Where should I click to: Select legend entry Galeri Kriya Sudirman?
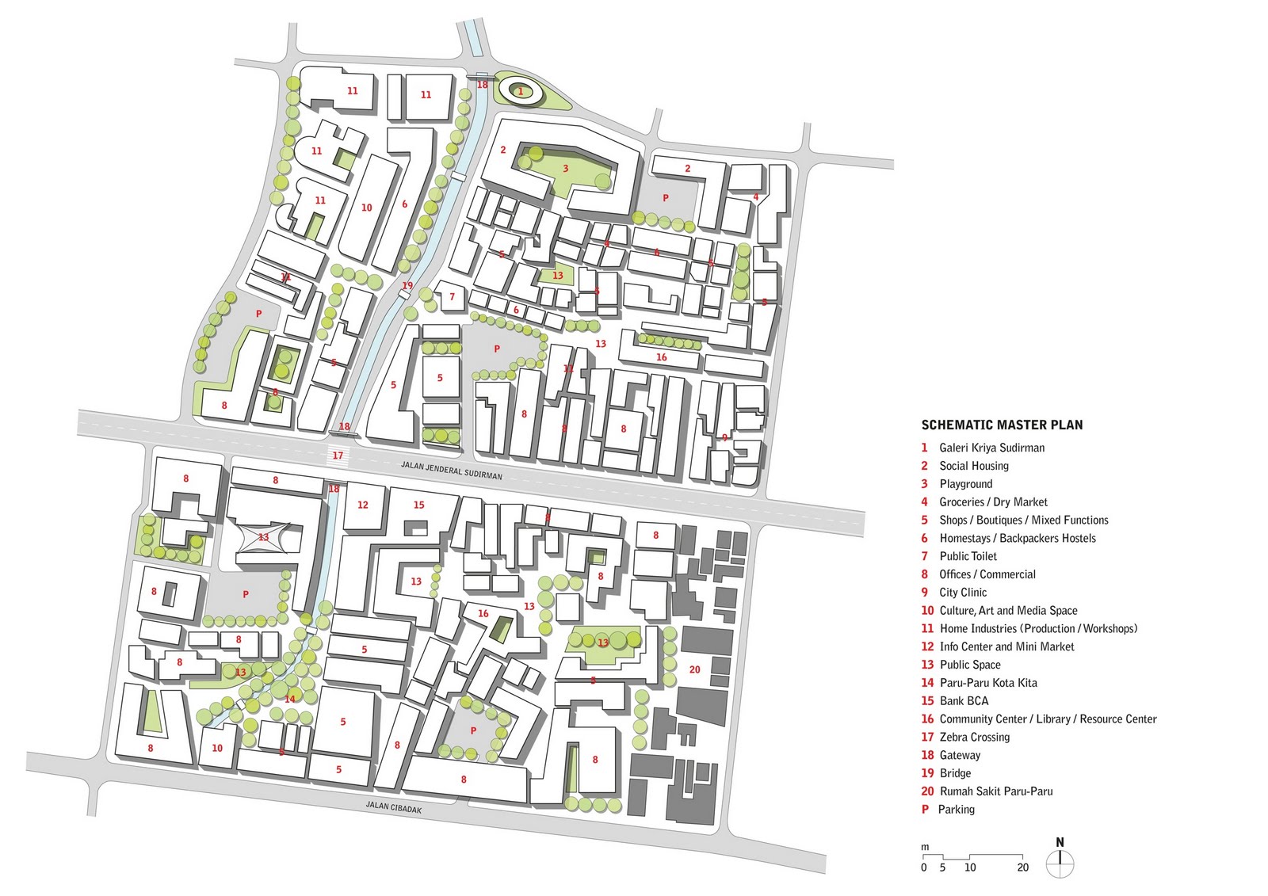point(991,448)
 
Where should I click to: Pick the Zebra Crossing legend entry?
point(974,737)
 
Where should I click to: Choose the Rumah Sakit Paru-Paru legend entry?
point(995,791)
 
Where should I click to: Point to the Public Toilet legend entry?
point(968,556)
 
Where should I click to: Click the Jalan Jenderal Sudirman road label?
point(452,471)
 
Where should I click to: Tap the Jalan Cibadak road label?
point(394,808)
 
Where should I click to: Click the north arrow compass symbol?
point(1060,861)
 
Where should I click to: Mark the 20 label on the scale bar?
point(1023,867)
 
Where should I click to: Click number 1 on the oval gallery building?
point(521,92)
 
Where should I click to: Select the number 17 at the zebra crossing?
point(338,456)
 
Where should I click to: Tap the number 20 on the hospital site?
point(695,669)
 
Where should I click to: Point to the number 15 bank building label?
point(418,505)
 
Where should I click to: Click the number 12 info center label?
point(363,505)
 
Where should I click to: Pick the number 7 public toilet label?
point(453,297)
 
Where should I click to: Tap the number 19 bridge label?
point(407,285)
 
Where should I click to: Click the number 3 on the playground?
point(566,168)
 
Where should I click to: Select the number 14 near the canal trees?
point(290,699)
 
